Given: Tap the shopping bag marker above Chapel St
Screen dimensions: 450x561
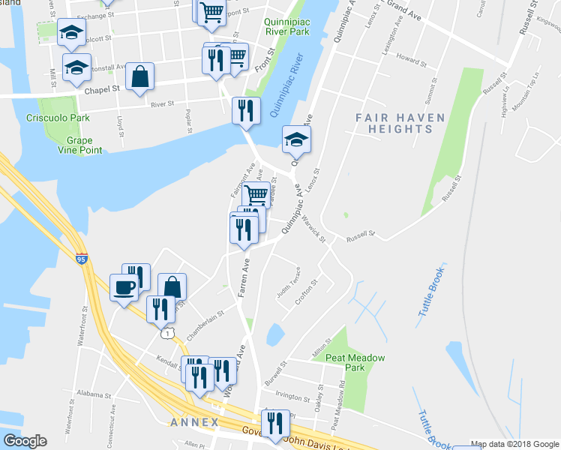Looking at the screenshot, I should [x=140, y=77].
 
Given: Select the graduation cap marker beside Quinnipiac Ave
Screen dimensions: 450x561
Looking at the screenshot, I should [x=296, y=139].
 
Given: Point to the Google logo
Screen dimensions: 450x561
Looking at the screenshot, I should [x=25, y=440].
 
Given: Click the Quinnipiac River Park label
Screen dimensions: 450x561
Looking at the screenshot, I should [x=292, y=27].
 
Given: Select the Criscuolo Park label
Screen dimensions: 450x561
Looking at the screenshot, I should [x=68, y=118].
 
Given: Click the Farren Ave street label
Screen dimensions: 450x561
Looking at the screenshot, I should [x=244, y=278].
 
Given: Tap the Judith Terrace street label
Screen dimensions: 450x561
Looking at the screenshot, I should [x=289, y=283].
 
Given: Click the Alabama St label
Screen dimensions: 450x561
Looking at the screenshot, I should [x=94, y=394].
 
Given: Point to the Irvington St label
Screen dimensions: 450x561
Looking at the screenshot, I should [x=292, y=397].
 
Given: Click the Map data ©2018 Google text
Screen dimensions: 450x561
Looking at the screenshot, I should [x=514, y=443].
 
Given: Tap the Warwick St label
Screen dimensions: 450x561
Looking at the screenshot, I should [x=313, y=228].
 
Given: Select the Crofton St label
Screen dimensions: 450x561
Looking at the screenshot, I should [x=307, y=291].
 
